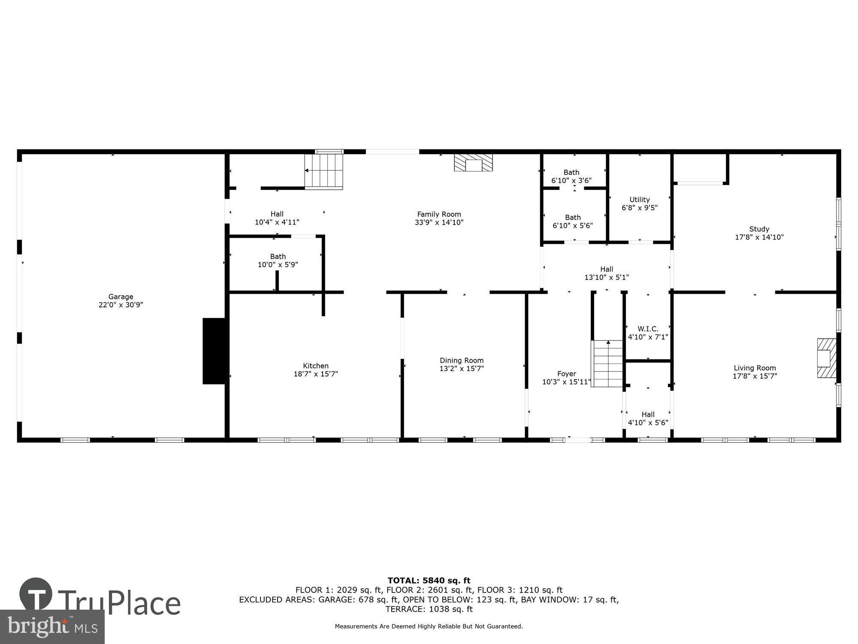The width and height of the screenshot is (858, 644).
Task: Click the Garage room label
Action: tap(121, 297)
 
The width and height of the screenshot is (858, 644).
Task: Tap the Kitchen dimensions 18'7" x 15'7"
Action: tap(316, 374)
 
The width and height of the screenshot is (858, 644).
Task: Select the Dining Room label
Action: tap(462, 361)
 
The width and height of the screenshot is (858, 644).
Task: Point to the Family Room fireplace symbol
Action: tap(474, 163)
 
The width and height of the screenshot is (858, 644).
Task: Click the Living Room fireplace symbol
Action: tap(826, 358)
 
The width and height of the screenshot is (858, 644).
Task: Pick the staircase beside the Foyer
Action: tap(607, 364)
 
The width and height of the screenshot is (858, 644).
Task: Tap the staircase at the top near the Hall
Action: tap(324, 171)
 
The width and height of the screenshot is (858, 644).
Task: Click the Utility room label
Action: tap(640, 200)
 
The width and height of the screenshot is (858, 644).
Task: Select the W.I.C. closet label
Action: tap(648, 329)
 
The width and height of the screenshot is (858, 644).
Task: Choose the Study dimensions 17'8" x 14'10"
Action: tap(759, 237)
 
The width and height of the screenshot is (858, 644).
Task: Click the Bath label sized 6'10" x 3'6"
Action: tap(571, 173)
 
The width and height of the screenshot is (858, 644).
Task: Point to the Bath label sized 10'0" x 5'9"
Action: tap(278, 257)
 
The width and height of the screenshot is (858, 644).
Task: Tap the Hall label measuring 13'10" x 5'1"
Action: tap(607, 269)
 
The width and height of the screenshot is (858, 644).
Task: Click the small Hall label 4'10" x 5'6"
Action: tap(648, 414)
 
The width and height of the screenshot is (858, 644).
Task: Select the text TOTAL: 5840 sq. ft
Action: tap(429, 581)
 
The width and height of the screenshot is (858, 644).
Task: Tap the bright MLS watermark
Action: tap(52, 627)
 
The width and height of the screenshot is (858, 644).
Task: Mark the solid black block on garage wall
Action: tap(214, 351)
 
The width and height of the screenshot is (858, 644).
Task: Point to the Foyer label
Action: tap(567, 374)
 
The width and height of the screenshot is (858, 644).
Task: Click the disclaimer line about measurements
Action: tap(429, 626)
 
